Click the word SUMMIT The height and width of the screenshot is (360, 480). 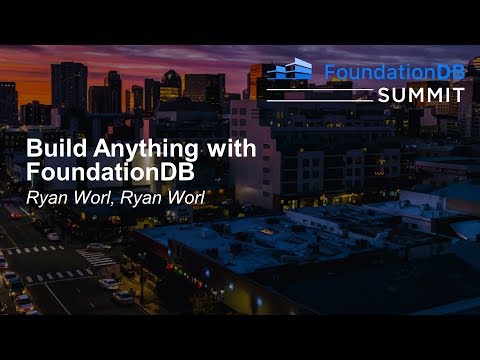(x=421, y=93)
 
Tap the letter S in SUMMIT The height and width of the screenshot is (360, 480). (x=384, y=93)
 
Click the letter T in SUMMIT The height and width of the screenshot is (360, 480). (x=458, y=93)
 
